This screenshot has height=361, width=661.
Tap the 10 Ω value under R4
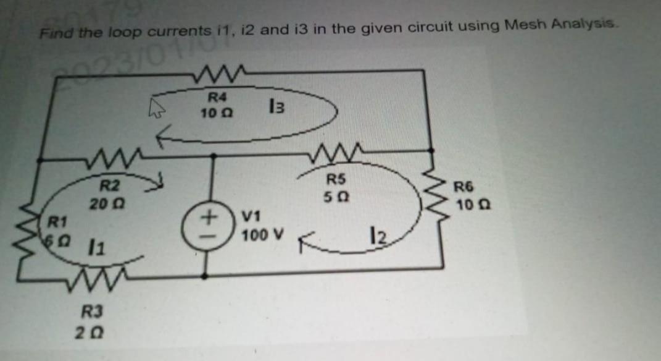[215, 113]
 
